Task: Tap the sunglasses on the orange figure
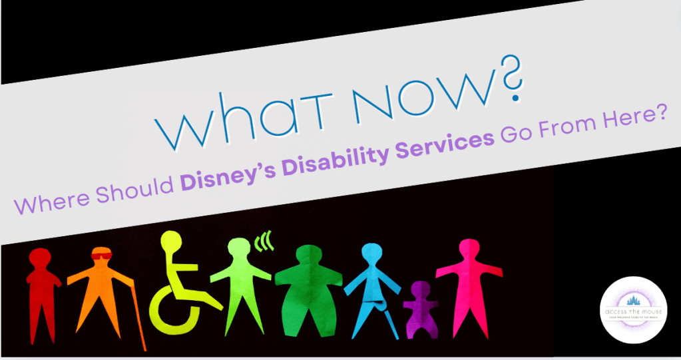coord(101,255)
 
